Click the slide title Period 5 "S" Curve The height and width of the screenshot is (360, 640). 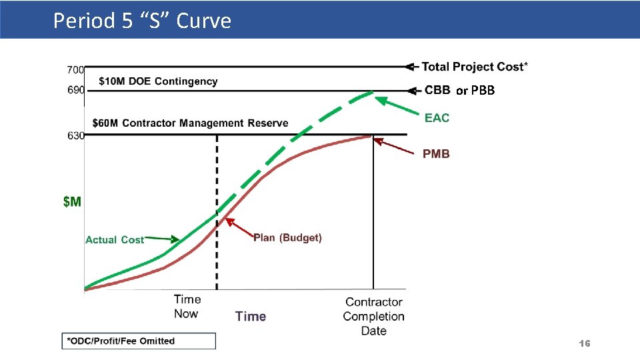[142, 21]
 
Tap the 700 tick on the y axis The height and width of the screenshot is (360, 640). [75, 69]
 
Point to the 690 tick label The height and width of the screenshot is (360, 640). [75, 90]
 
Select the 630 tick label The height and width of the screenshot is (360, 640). [75, 135]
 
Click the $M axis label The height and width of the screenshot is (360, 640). [72, 201]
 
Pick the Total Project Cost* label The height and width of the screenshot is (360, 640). [475, 67]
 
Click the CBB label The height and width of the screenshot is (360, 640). [437, 90]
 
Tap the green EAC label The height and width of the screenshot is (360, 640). [437, 118]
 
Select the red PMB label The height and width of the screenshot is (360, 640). [436, 154]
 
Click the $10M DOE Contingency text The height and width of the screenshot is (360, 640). [158, 81]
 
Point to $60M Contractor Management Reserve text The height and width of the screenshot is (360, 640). [190, 123]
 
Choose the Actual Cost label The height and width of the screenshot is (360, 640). [114, 239]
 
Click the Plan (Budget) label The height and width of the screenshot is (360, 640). [287, 238]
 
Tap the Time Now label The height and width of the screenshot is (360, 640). [187, 307]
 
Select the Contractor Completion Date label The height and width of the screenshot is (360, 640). [373, 317]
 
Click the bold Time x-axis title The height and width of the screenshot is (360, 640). [251, 317]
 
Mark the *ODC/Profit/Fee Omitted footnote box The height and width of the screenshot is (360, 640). [139, 341]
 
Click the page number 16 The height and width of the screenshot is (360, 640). [584, 343]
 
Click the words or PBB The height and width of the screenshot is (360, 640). [475, 91]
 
